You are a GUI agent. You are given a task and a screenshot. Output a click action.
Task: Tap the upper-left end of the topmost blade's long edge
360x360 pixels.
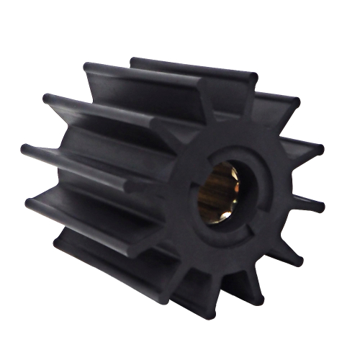click(x=134, y=61)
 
